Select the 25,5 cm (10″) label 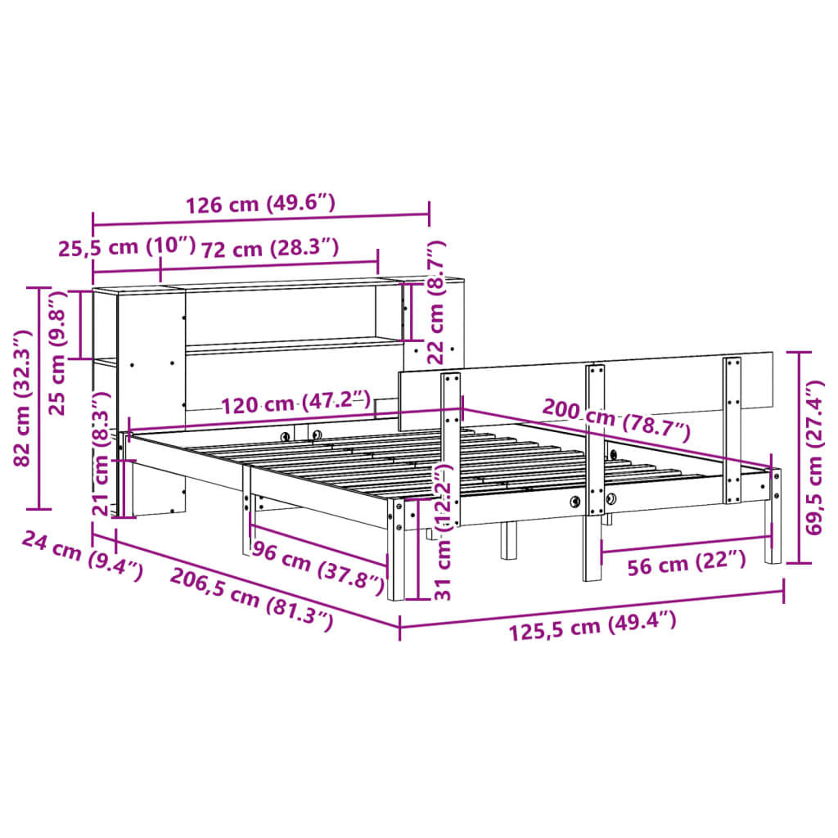(x=127, y=247)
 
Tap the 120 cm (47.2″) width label (x=295, y=403)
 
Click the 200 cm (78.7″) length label (x=616, y=419)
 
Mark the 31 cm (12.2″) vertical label (x=443, y=532)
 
